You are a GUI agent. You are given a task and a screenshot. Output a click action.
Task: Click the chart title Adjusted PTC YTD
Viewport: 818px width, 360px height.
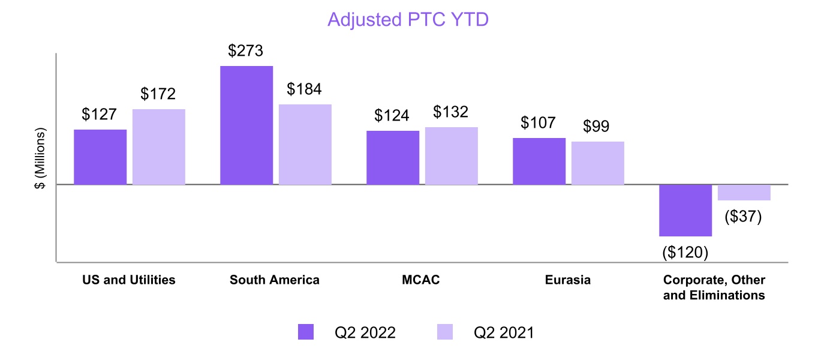click(x=408, y=20)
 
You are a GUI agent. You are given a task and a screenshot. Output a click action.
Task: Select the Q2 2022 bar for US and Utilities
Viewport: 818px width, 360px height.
click(x=100, y=157)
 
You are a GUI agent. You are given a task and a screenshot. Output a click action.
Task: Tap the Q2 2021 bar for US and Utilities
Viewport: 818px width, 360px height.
click(x=159, y=146)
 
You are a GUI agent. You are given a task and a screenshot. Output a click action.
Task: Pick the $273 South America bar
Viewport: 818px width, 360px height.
click(x=246, y=125)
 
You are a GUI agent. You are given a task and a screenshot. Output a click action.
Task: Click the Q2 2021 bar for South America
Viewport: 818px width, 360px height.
click(x=305, y=144)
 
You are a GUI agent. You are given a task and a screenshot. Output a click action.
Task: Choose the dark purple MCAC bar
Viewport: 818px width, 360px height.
click(x=393, y=157)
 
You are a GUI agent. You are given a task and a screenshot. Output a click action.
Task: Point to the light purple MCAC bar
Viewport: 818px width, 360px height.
click(x=452, y=155)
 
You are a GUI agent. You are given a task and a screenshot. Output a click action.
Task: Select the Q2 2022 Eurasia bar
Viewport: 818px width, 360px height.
click(x=539, y=161)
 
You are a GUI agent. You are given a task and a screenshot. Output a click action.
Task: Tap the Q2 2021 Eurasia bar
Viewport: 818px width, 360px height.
click(x=598, y=163)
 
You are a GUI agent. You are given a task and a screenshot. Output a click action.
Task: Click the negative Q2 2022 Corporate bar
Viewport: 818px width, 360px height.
click(x=685, y=210)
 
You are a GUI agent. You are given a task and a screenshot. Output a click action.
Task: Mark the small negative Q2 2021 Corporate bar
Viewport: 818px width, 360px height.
click(x=744, y=192)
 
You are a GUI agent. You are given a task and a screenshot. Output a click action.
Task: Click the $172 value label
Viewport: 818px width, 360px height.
click(x=158, y=94)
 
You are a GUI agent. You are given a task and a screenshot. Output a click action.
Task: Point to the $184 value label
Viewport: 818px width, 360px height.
click(x=304, y=89)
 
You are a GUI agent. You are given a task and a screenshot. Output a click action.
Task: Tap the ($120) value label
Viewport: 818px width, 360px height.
click(x=685, y=253)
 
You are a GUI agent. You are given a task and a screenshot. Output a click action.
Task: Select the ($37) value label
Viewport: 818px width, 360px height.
click(x=743, y=217)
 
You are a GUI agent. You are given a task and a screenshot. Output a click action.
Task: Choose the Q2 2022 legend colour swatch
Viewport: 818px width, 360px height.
click(x=306, y=332)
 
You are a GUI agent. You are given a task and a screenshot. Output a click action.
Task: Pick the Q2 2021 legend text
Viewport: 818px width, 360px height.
click(x=503, y=332)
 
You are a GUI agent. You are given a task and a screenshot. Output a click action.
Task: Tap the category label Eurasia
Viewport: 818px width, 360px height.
click(x=568, y=280)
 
